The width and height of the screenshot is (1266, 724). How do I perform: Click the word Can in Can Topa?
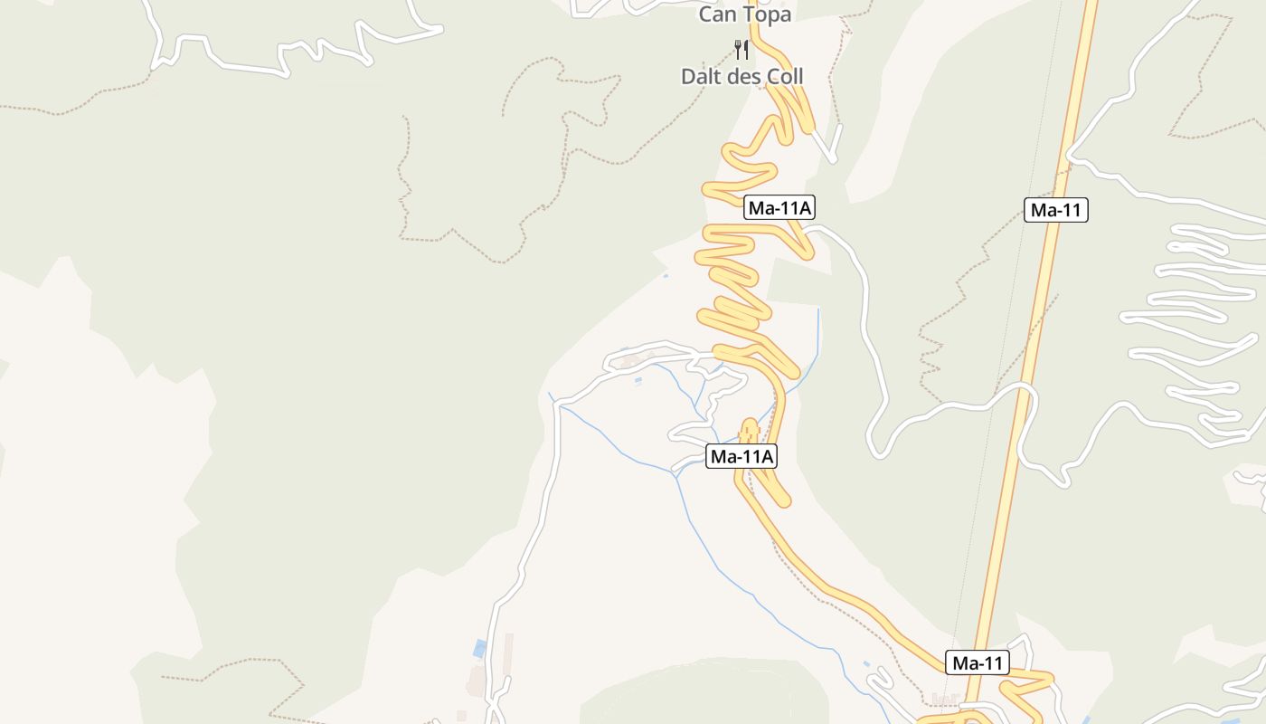point(718,14)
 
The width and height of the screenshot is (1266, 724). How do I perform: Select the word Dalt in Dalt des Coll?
point(702,77)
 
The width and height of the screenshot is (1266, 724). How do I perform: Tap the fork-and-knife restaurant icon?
point(742,49)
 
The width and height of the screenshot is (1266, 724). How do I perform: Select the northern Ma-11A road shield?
point(779,209)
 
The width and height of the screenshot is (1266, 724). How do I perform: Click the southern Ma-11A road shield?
point(742,457)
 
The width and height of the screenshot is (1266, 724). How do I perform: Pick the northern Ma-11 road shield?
point(1056,211)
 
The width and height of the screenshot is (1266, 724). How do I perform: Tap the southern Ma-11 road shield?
point(978,663)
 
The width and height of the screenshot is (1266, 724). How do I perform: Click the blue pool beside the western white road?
point(479,648)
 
